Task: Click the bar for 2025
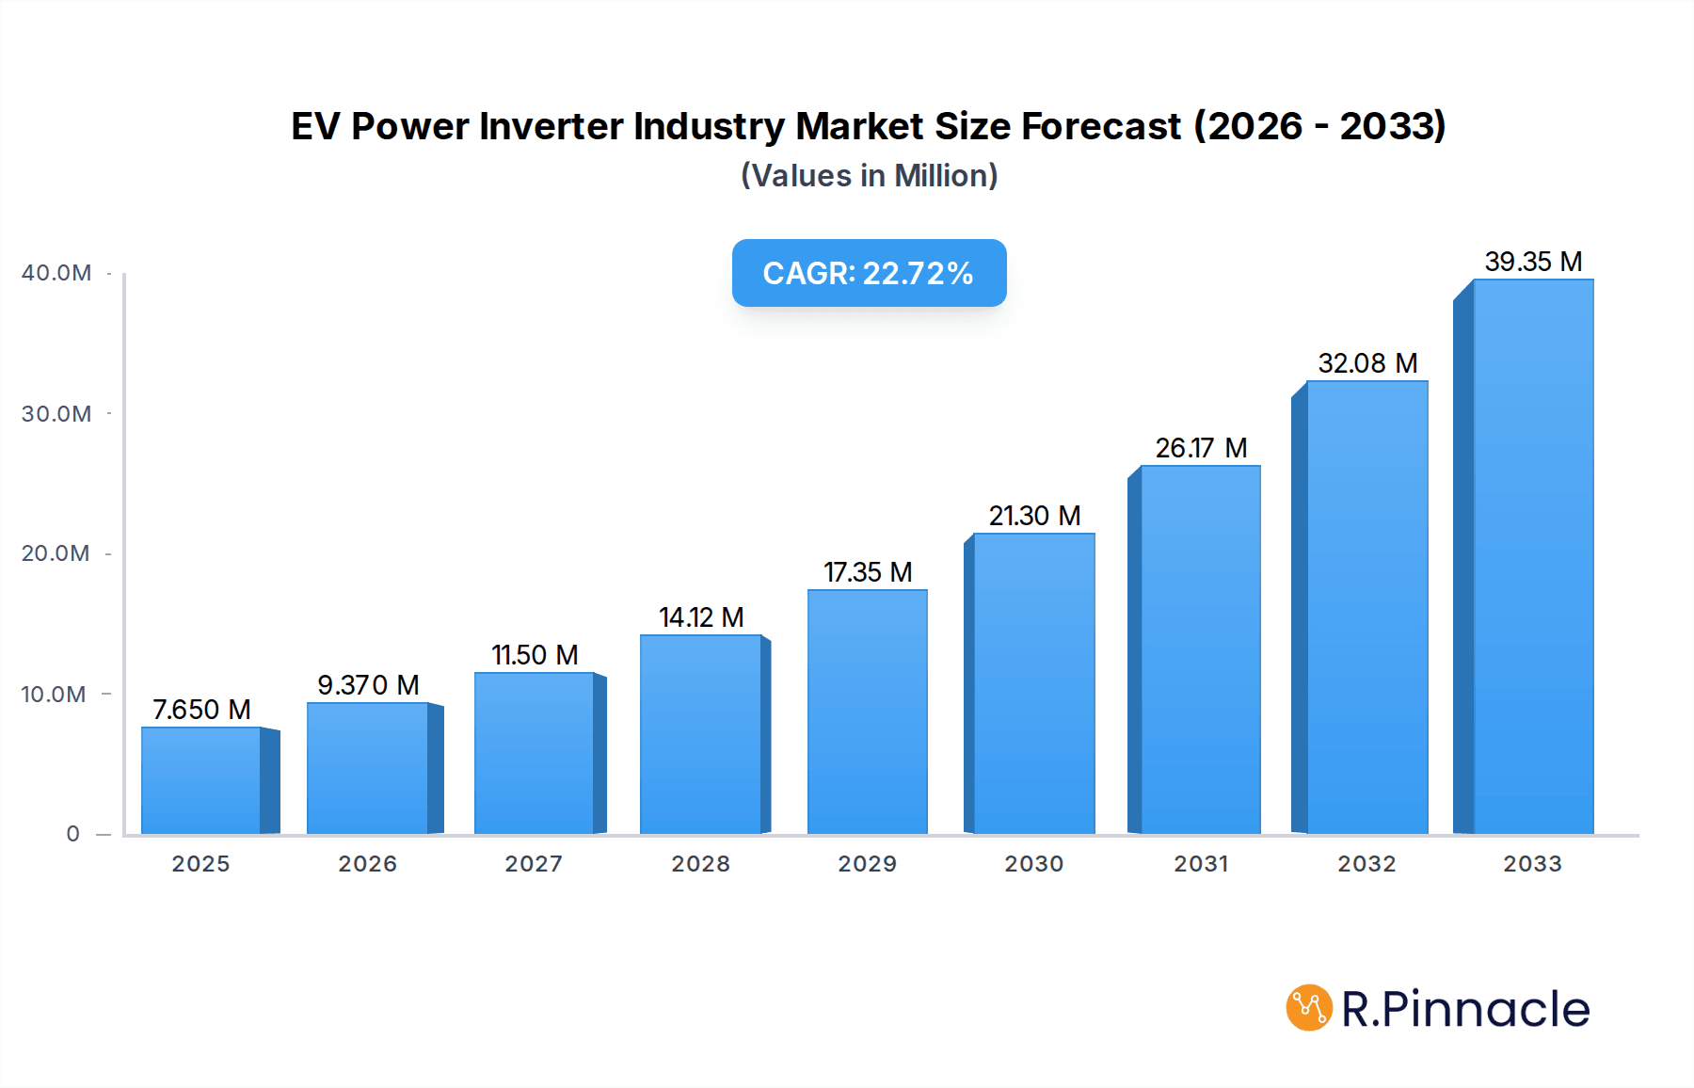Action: [x=201, y=780]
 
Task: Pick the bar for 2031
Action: [x=1200, y=649]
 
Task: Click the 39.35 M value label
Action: [x=1533, y=262]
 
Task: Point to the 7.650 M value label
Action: [x=201, y=710]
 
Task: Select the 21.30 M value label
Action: [x=1034, y=516]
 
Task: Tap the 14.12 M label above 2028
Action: [x=701, y=617]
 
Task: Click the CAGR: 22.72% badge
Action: [x=869, y=273]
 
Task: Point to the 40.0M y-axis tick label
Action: [x=56, y=273]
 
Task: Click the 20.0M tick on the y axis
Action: [x=56, y=553]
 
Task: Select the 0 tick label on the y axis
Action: [x=72, y=834]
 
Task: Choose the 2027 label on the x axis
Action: [x=534, y=864]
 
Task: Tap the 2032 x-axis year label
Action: [x=1366, y=864]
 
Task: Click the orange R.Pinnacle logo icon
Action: [x=1309, y=1008]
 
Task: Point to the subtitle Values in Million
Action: [x=869, y=176]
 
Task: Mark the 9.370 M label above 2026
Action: [x=368, y=685]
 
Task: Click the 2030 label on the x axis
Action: [x=1034, y=864]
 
